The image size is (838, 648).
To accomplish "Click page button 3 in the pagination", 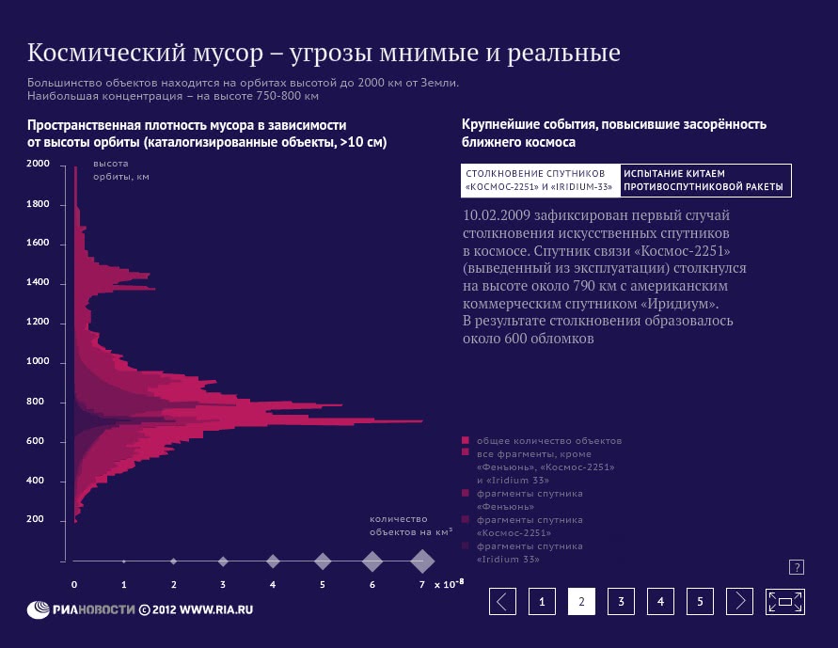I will (621, 602).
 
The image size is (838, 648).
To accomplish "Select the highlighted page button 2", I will (581, 602).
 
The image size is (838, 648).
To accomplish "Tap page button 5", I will (700, 602).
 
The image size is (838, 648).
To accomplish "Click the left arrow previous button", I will (503, 602).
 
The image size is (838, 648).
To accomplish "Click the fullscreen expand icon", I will (785, 602).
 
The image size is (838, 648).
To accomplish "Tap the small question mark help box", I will (796, 567).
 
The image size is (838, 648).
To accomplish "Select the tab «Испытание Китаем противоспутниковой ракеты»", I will (704, 180).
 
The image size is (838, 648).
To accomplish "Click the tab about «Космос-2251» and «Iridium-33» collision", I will (540, 180).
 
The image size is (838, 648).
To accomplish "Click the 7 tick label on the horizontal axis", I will (422, 584).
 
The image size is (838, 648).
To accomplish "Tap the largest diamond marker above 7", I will (422, 561).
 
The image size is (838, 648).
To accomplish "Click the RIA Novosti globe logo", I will (40, 608).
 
